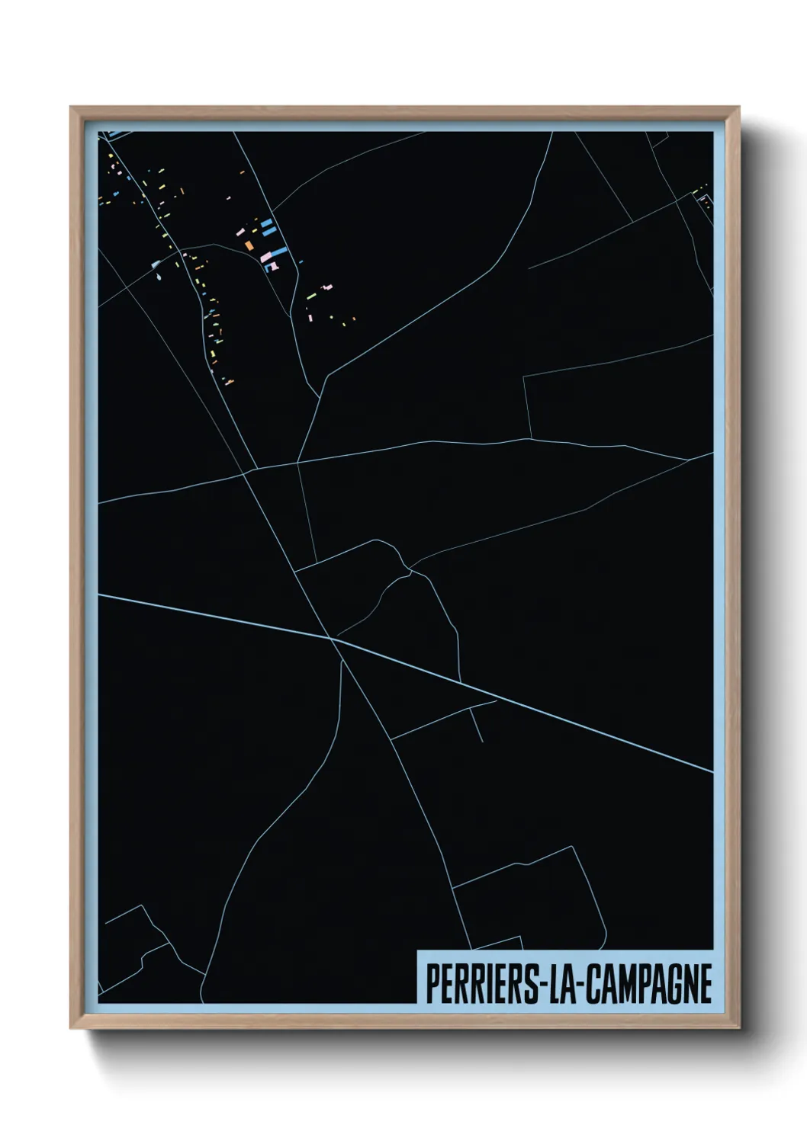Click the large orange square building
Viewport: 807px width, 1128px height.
(249, 245)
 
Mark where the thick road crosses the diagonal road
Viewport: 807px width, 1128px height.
(333, 639)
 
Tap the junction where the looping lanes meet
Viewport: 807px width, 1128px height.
(410, 569)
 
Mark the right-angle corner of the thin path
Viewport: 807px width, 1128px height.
(525, 377)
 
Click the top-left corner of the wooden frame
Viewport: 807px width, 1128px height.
(71, 107)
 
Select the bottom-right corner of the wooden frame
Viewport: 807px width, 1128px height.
(739, 1028)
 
